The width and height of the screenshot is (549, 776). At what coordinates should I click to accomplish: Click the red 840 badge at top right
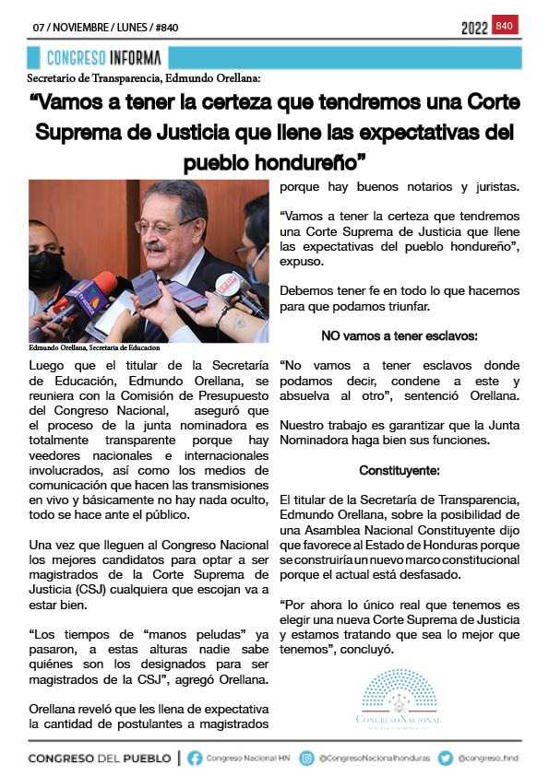(505, 26)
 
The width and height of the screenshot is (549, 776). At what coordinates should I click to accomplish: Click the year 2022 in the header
(474, 29)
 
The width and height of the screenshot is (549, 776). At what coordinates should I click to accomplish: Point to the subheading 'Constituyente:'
(400, 471)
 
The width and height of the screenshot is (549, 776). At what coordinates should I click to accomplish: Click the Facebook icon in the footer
(195, 758)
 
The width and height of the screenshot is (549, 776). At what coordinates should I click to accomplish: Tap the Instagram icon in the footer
(307, 758)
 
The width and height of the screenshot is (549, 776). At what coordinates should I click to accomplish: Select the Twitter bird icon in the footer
(446, 758)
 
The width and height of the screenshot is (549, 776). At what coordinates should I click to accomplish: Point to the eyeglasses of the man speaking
(166, 226)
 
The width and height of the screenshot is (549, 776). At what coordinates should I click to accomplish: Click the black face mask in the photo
(46, 267)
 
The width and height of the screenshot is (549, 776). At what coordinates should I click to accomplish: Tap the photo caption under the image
(94, 347)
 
